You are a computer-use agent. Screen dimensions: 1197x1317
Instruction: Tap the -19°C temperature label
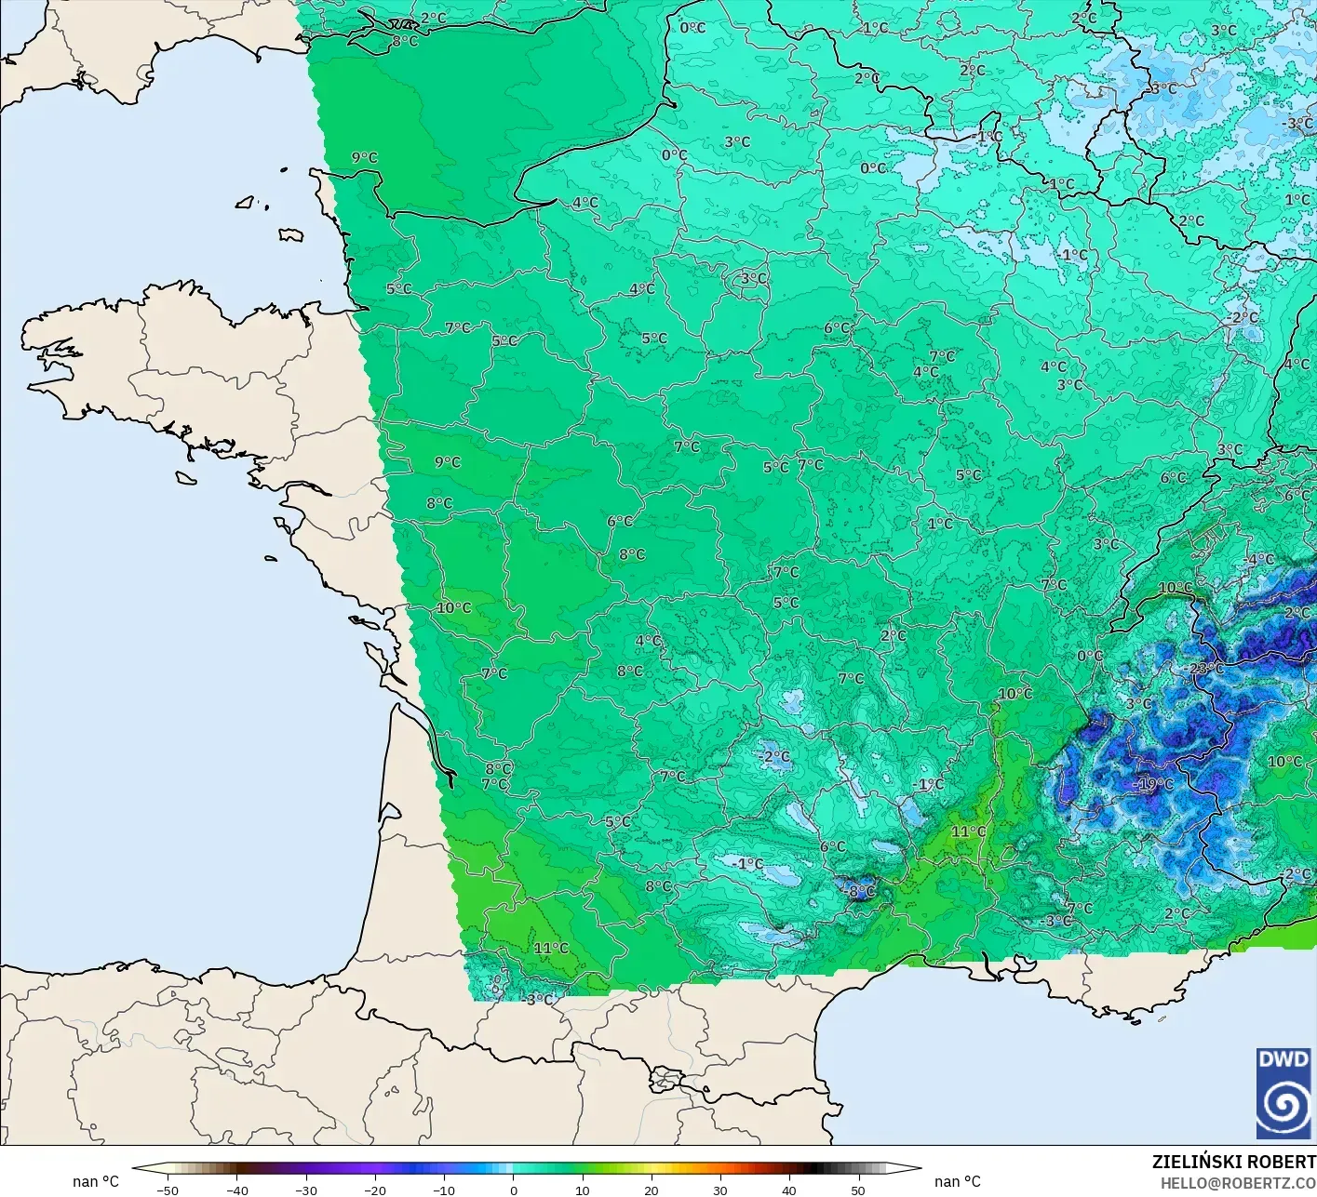pyautogui.click(x=1154, y=784)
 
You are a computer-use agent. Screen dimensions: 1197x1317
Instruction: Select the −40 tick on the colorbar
pyautogui.click(x=237, y=1190)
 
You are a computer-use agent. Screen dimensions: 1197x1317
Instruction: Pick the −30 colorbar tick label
pyautogui.click(x=306, y=1190)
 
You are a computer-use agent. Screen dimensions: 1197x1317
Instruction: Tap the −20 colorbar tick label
pyautogui.click(x=375, y=1190)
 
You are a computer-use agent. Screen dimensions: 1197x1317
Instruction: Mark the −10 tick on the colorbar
pyautogui.click(x=444, y=1190)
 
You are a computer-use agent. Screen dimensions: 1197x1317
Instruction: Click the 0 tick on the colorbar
pyautogui.click(x=514, y=1190)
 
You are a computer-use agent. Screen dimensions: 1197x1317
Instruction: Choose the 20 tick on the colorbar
pyautogui.click(x=652, y=1190)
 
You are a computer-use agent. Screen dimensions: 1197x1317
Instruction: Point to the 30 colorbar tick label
pyautogui.click(x=720, y=1190)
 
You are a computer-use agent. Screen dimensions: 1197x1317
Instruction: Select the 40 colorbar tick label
pyautogui.click(x=789, y=1190)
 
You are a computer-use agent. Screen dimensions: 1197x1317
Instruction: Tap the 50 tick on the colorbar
pyautogui.click(x=858, y=1190)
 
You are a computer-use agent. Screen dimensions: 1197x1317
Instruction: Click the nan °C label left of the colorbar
pyautogui.click(x=96, y=1181)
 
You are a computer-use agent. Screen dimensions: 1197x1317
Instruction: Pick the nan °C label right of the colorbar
pyautogui.click(x=958, y=1181)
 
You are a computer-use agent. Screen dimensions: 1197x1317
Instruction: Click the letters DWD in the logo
pyautogui.click(x=1283, y=1059)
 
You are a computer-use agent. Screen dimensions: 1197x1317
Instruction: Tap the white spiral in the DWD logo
pyautogui.click(x=1283, y=1107)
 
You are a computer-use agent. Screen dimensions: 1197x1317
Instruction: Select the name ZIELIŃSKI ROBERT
pyautogui.click(x=1233, y=1162)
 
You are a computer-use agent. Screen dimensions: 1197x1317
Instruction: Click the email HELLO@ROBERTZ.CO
pyautogui.click(x=1238, y=1182)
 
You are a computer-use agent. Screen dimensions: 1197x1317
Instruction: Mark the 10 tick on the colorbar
pyautogui.click(x=583, y=1190)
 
